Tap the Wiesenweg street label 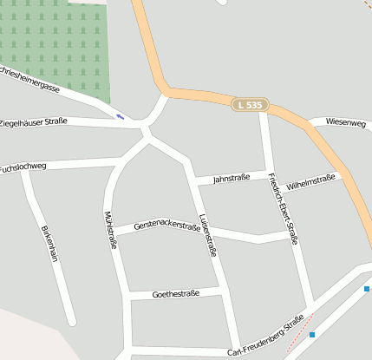point(346,123)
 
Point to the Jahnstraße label point(231,178)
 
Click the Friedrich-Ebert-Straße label point(284,208)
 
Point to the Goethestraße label point(175,294)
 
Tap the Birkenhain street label point(49,249)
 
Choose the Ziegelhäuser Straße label point(33,122)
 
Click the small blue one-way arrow point(120,116)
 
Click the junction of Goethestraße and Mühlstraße point(127,297)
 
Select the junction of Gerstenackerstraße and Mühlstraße point(117,233)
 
